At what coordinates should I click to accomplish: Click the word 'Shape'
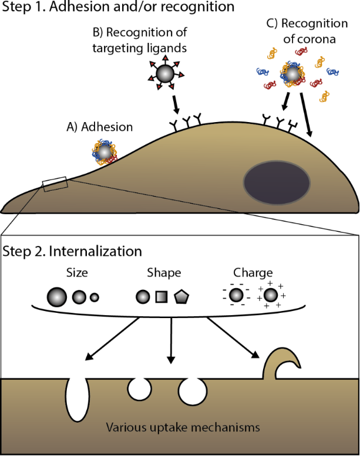(x=165, y=274)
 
